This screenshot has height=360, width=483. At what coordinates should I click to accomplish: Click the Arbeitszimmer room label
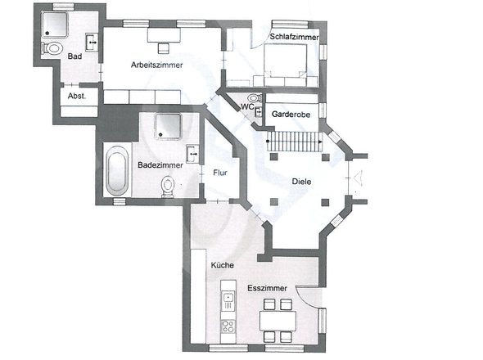tap(157, 65)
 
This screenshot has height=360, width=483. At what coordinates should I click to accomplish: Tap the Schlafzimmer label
tap(294, 37)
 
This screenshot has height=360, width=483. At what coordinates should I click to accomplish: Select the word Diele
tap(301, 182)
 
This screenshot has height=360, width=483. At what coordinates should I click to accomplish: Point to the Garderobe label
tap(291, 115)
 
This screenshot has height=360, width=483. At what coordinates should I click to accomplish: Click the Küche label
tap(223, 265)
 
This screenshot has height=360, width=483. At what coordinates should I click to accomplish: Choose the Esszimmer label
tap(268, 288)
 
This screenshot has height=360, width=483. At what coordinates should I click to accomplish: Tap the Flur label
tap(220, 173)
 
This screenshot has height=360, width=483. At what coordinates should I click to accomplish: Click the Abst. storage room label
tap(77, 96)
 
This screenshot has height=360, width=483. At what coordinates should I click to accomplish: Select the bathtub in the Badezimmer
tap(117, 171)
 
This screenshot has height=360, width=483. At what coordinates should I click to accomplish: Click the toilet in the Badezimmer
tap(168, 187)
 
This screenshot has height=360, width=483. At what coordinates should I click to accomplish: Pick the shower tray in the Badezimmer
tap(168, 126)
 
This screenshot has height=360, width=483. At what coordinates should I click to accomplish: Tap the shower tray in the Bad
tap(55, 25)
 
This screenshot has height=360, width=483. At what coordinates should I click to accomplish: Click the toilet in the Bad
tap(52, 48)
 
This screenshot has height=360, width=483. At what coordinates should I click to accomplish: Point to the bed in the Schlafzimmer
tap(285, 65)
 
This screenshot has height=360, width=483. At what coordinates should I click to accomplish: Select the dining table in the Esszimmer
tap(278, 321)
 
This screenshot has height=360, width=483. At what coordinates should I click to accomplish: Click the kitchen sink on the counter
tap(228, 298)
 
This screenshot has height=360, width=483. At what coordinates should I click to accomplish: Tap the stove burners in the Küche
tap(228, 326)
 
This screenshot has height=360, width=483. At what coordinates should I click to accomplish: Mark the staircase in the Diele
tap(295, 142)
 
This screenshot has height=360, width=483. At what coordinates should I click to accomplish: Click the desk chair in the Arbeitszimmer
tap(163, 48)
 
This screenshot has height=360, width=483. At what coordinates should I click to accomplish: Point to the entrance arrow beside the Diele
tap(358, 178)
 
